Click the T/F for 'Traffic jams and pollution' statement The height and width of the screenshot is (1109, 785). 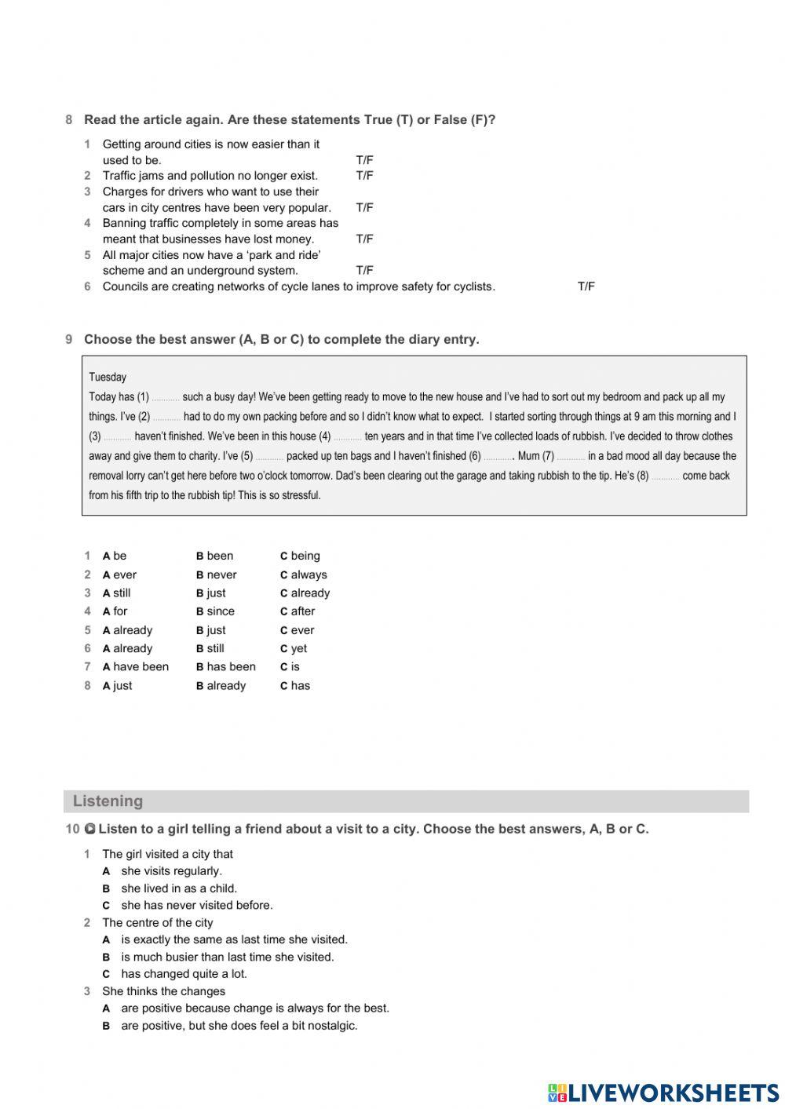[x=364, y=176]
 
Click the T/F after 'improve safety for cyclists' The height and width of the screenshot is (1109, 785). [x=586, y=286]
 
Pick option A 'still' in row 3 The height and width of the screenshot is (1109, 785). [x=116, y=593]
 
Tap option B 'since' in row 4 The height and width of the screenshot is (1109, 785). [x=215, y=611]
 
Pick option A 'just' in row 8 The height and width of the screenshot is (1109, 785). [x=117, y=686]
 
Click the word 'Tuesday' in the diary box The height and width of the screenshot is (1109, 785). [x=108, y=377]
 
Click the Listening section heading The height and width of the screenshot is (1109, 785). [x=108, y=801]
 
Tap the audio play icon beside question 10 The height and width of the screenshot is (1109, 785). [x=89, y=829]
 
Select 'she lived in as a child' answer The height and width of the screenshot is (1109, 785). [x=178, y=888]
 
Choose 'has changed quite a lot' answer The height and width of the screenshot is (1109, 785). [x=183, y=974]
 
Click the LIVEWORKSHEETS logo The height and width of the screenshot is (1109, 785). [x=663, y=1092]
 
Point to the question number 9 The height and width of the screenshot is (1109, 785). [x=69, y=340]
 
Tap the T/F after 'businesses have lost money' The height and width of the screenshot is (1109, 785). [x=364, y=239]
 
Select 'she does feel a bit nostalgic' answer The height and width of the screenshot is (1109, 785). [x=239, y=1026]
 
